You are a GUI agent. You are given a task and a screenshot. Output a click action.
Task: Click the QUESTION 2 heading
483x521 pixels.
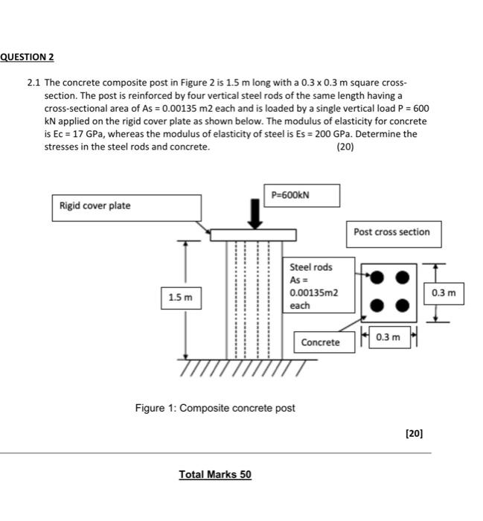tap(28, 57)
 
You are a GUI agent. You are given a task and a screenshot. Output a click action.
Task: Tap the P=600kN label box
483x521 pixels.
tap(301, 195)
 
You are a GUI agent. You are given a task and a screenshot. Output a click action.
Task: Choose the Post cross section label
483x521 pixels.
tap(391, 232)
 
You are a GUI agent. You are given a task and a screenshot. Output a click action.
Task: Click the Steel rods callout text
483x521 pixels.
tap(311, 267)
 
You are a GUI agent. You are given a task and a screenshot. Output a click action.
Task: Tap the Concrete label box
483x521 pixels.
tap(321, 342)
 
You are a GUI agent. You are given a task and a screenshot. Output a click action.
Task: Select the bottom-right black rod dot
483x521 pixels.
tap(403, 304)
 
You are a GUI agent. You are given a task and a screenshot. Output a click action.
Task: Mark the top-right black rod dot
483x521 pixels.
tap(403, 277)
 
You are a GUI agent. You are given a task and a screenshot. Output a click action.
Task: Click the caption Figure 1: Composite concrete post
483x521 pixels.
tap(215, 408)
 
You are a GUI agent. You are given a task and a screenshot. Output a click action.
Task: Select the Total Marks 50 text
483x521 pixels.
tap(215, 473)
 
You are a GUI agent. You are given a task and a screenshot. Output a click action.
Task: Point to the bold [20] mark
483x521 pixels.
tap(415, 432)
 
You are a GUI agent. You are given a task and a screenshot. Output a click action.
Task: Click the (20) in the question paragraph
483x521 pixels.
tap(345, 147)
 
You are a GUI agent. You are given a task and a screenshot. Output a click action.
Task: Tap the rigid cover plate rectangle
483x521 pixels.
tap(254, 234)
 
